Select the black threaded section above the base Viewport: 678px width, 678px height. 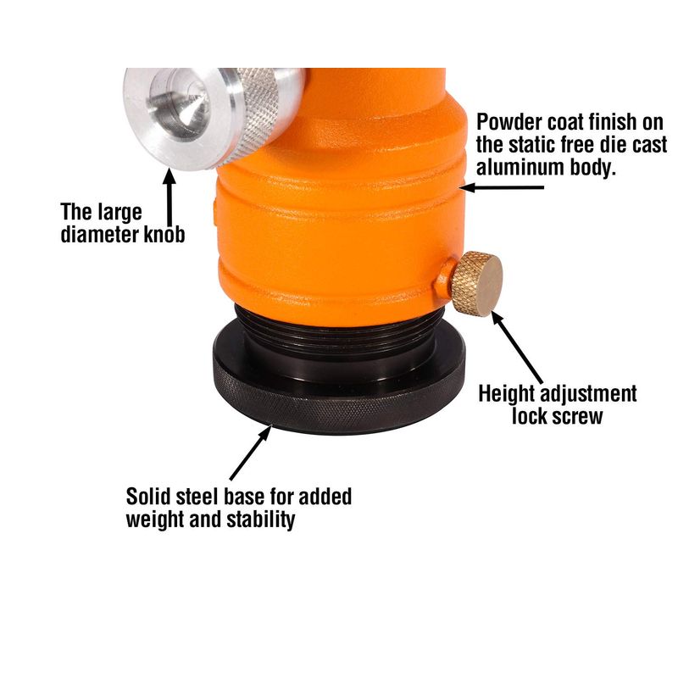coord(340,329)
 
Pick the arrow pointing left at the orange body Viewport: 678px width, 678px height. coord(502,187)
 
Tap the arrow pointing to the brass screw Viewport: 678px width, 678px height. coord(518,347)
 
